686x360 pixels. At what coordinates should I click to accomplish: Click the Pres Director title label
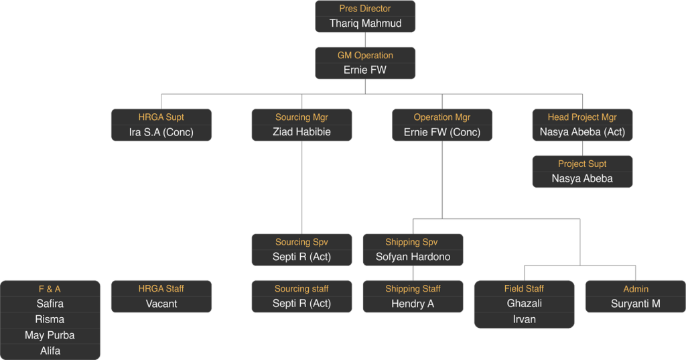point(365,9)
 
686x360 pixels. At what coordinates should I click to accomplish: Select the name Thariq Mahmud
point(365,23)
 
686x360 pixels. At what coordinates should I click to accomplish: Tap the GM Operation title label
point(365,56)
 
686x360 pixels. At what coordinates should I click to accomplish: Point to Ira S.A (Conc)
point(161,132)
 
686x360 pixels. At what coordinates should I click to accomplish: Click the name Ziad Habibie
point(301,132)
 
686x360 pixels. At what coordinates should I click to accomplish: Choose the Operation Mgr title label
point(442,117)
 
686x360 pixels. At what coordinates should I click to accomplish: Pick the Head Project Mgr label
point(582,117)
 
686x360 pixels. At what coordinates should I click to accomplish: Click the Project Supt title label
point(582,164)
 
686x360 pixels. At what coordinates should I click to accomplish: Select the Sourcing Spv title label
point(301,242)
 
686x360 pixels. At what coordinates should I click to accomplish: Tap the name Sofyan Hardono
point(413,257)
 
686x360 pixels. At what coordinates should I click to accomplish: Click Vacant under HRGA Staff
point(161,304)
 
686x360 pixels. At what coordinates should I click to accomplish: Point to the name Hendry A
point(413,304)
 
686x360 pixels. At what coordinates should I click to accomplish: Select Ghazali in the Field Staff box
point(525,304)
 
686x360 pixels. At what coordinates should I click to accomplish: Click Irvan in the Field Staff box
point(525,319)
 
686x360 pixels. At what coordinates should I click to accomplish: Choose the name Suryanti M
point(636,304)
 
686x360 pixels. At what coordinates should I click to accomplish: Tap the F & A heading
point(50,289)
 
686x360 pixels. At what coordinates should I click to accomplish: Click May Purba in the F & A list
point(50,335)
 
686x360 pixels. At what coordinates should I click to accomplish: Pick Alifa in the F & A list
point(50,351)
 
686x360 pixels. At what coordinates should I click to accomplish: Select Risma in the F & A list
point(50,319)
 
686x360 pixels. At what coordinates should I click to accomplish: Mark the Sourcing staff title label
point(301,289)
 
